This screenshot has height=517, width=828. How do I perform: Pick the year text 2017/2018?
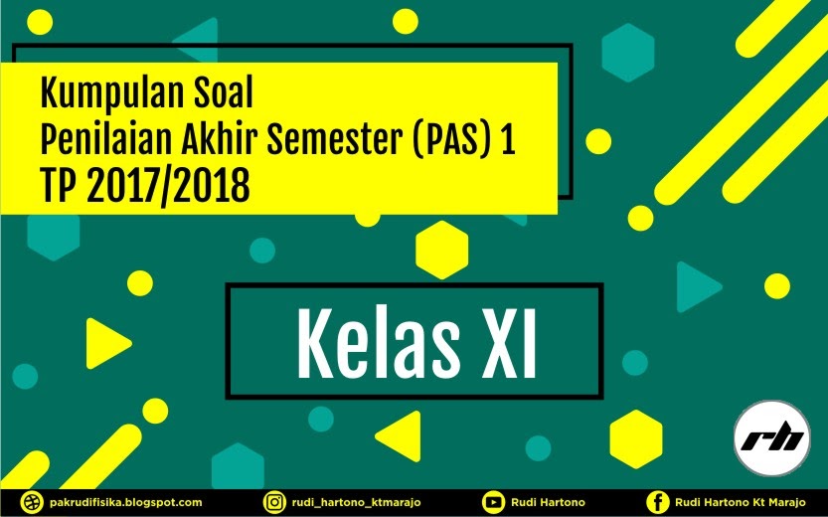tap(165, 185)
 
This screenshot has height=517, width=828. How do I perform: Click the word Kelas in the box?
tap(368, 342)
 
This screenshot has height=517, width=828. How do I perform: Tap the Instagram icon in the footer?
tap(273, 503)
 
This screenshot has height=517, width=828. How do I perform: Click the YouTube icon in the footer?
tap(492, 503)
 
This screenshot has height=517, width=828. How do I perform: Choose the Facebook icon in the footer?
tap(656, 503)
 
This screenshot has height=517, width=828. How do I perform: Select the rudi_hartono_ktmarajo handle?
tap(359, 503)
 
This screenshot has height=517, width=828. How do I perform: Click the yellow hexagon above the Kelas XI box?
tap(441, 250)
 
